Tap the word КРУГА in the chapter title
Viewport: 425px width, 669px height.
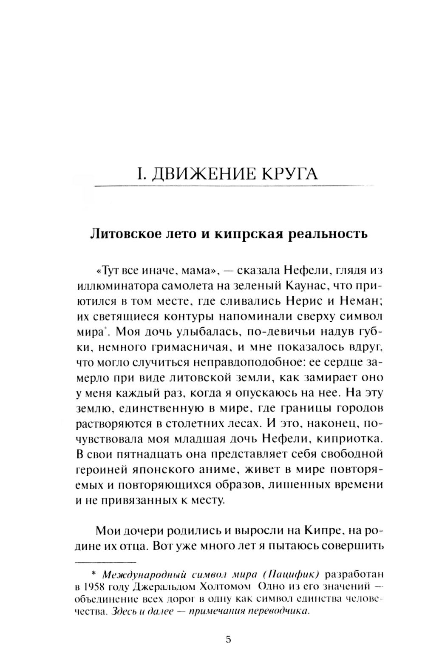[x=289, y=174]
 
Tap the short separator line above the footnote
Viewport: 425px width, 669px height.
[x=105, y=562]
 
